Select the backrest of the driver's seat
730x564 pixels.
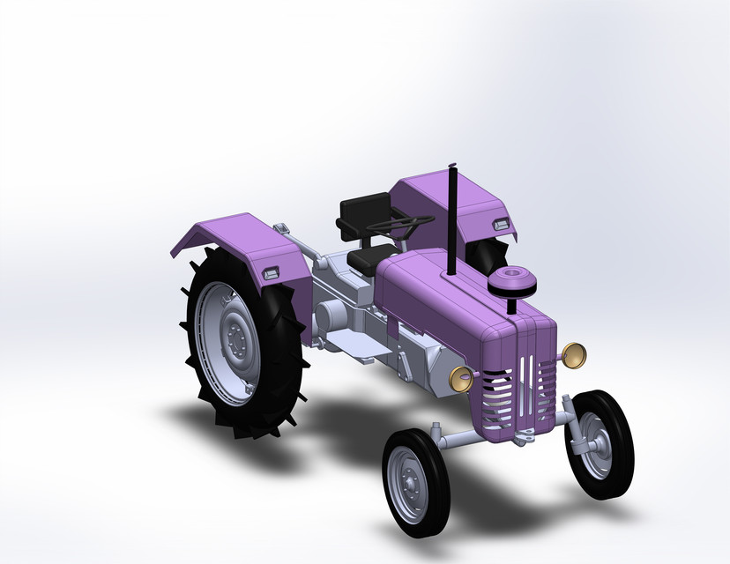click(x=362, y=212)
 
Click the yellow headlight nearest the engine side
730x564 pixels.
click(x=461, y=377)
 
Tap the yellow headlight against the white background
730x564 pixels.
click(x=575, y=354)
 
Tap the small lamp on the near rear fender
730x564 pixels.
click(x=272, y=273)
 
